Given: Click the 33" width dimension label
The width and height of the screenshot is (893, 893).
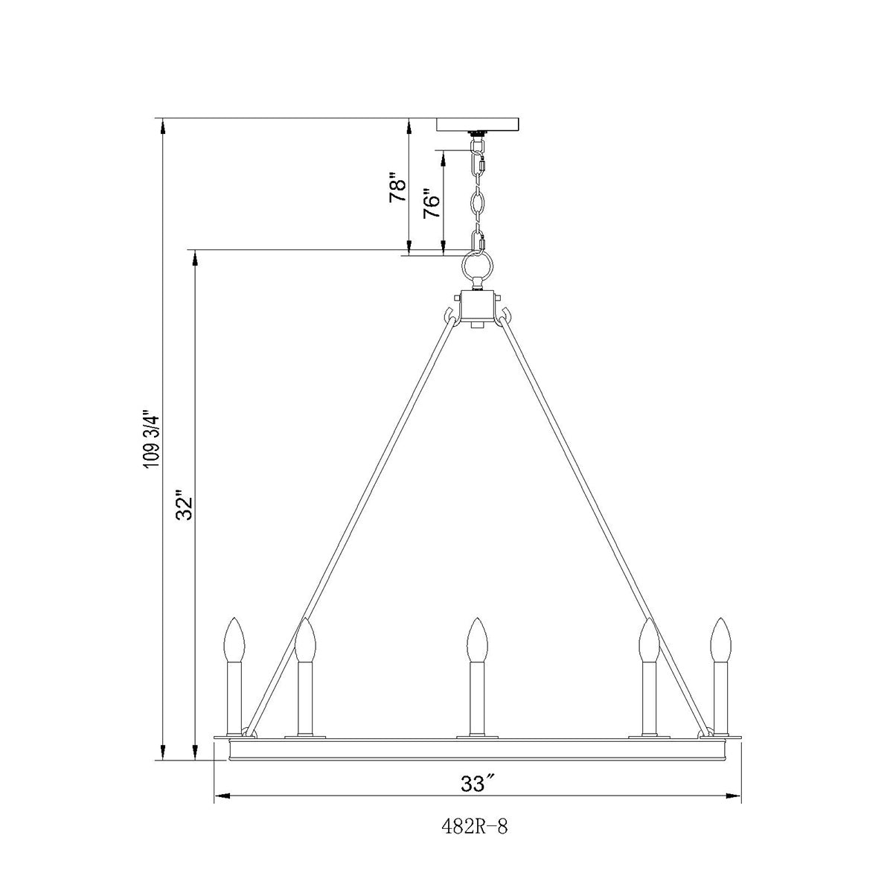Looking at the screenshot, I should click(478, 784).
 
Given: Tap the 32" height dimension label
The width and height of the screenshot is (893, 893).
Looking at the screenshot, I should click(184, 506).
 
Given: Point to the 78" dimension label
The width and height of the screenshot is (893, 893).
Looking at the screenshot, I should click(398, 190).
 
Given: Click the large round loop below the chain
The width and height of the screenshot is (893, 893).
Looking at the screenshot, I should click(477, 266).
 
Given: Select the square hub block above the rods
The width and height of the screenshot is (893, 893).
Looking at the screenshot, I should click(477, 306).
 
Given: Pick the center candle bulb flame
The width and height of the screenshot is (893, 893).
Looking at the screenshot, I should click(477, 640).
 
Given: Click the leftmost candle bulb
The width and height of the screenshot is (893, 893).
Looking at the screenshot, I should click(235, 640).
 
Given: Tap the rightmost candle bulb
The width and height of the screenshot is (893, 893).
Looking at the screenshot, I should click(720, 640).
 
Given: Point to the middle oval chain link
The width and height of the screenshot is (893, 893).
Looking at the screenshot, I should click(477, 202).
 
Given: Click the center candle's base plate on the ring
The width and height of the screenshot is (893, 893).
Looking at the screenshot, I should click(477, 737).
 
